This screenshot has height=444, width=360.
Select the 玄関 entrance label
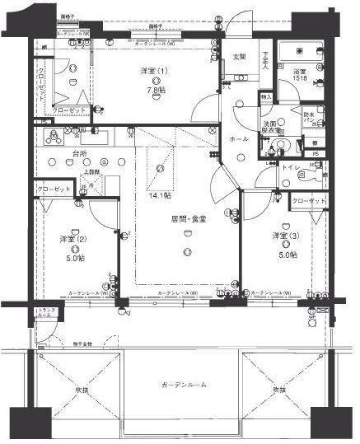(x=239, y=56)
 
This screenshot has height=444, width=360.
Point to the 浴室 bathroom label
(x=302, y=72)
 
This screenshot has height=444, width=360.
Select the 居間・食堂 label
(x=188, y=219)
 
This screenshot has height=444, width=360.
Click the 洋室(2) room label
(x=73, y=239)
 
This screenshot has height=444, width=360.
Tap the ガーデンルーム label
(x=184, y=386)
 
